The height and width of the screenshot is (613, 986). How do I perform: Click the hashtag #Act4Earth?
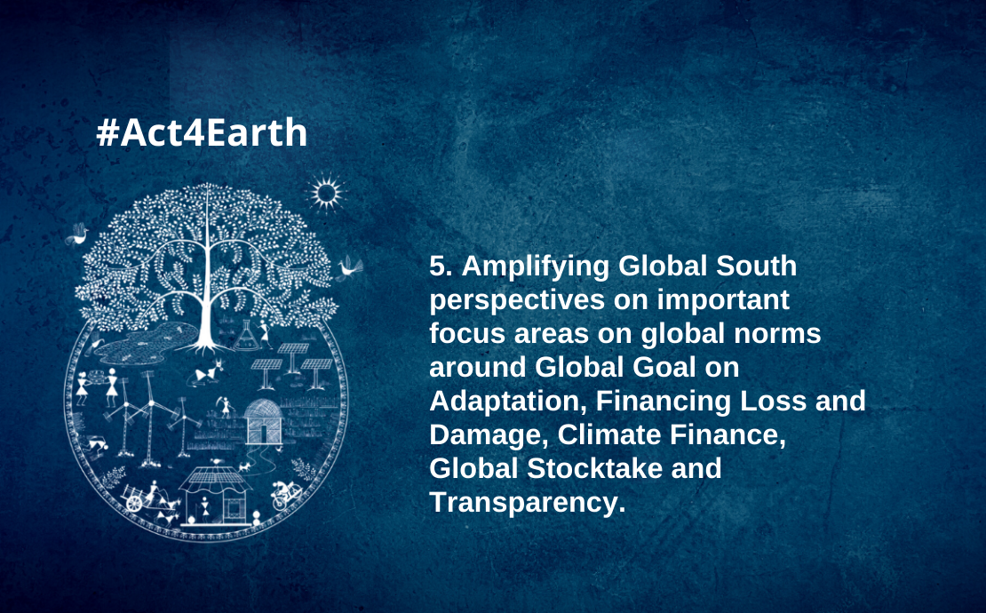(202, 132)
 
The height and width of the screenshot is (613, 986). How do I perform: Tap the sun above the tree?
(326, 193)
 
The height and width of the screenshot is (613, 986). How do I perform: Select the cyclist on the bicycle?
(286, 493)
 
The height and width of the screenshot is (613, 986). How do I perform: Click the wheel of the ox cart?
(134, 503)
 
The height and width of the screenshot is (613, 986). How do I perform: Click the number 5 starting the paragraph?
(437, 267)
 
